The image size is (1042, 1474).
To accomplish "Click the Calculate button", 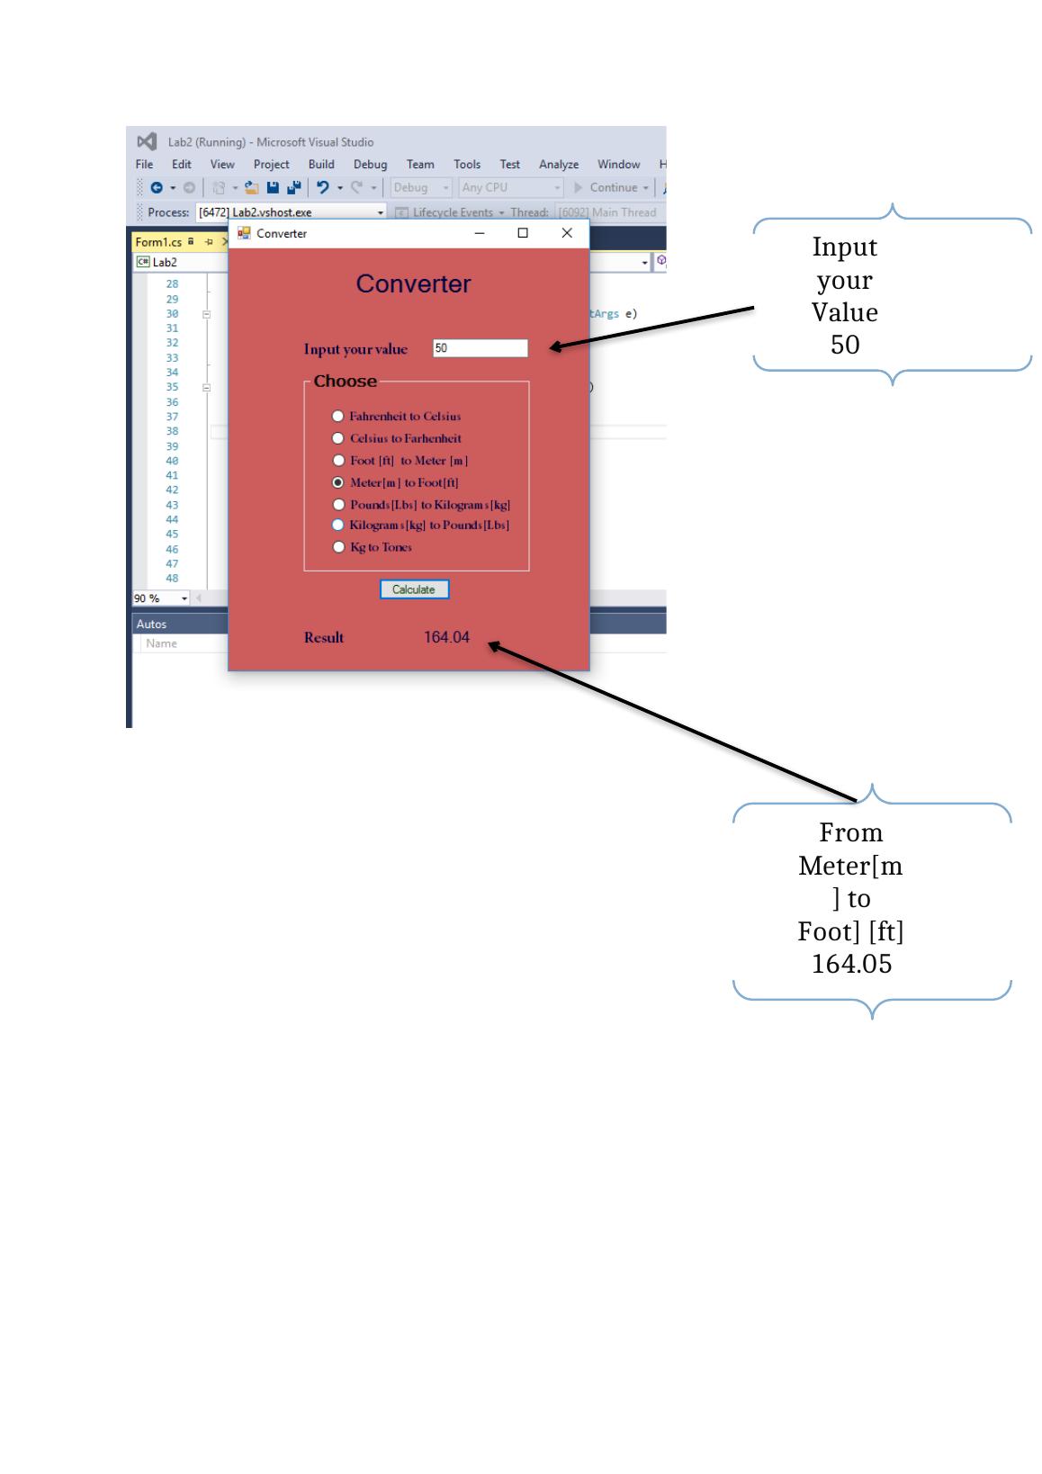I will click(414, 589).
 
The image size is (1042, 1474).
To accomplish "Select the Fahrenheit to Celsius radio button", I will click(338, 416).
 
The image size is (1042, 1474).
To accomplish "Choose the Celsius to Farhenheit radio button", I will click(338, 438).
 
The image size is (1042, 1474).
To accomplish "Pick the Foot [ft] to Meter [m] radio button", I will click(338, 460).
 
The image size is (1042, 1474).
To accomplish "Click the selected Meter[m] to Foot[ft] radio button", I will click(338, 482).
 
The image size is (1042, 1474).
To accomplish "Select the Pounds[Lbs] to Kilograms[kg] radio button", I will click(338, 504).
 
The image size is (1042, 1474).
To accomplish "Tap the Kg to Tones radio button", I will click(338, 546).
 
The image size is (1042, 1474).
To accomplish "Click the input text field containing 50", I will click(481, 348).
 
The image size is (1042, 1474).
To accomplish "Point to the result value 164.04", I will click(446, 637).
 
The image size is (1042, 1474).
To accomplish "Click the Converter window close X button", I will click(567, 233).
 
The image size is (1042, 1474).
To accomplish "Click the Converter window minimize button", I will click(480, 233).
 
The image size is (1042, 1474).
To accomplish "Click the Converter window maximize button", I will click(523, 233).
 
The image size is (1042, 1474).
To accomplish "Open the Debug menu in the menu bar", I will click(370, 165).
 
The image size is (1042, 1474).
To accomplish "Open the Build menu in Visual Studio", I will click(321, 165).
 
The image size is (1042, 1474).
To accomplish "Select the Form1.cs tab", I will click(158, 242).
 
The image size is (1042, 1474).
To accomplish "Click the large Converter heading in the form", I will click(413, 283).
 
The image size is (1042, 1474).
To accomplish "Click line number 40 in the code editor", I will click(172, 461).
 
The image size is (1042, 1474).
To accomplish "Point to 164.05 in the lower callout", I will click(851, 964).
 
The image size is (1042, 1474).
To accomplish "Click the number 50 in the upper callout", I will click(845, 345).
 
